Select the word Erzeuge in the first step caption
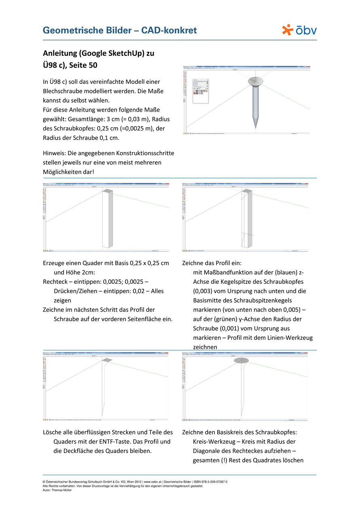coord(55,263)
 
